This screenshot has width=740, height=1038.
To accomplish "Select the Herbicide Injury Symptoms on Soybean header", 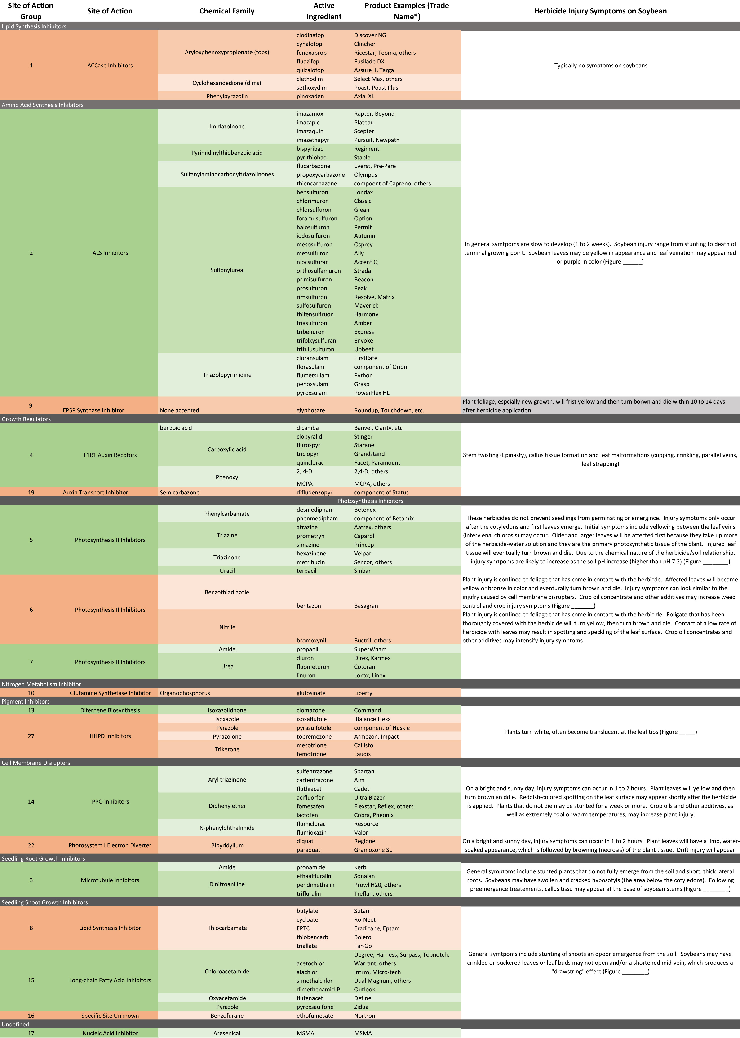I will pyautogui.click(x=600, y=11).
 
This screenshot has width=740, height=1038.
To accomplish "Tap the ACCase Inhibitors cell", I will pyautogui.click(x=110, y=66).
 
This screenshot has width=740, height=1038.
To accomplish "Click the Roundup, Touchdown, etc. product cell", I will pyautogui.click(x=389, y=410).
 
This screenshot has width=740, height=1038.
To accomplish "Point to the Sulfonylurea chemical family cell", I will pyautogui.click(x=226, y=270).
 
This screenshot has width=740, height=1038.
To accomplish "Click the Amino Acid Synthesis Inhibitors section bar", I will pyautogui.click(x=43, y=105).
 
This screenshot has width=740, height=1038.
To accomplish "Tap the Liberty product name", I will pyautogui.click(x=363, y=693).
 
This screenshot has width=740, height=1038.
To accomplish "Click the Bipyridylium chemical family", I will pyautogui.click(x=227, y=845).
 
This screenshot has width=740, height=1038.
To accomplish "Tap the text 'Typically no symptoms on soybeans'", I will pyautogui.click(x=600, y=66).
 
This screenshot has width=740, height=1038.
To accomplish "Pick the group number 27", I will pyautogui.click(x=31, y=736).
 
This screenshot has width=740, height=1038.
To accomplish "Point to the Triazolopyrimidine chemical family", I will pyautogui.click(x=227, y=375).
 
